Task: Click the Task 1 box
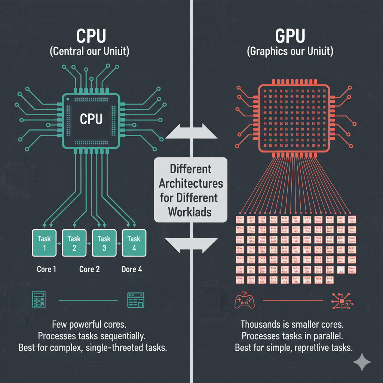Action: pos(45,243)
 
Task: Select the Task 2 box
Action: pos(74,243)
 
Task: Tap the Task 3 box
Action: pos(104,243)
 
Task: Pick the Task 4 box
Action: pos(134,243)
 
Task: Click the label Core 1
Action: pos(46,269)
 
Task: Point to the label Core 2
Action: pos(89,269)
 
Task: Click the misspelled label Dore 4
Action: pos(132,269)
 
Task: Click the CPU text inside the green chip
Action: pos(91,119)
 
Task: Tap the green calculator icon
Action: pos(38,300)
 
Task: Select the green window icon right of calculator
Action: pos(135,300)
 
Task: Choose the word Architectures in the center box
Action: pos(191,184)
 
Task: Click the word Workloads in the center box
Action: pos(190,211)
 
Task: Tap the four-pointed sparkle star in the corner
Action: pos(362,362)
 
